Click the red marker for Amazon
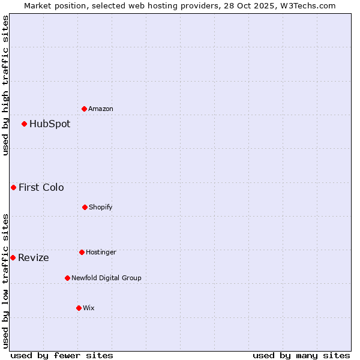[x=84, y=109]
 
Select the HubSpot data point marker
[x=24, y=124]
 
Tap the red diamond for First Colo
[x=13, y=188]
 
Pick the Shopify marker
[x=85, y=207]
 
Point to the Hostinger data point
[x=82, y=252]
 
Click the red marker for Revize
[x=13, y=257]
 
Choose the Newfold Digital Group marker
[x=67, y=278]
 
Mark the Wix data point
[x=79, y=308]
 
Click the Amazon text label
[x=101, y=109]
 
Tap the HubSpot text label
[x=50, y=124]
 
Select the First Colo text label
[x=41, y=188]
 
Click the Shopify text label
[x=101, y=207]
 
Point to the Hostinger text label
[x=101, y=252]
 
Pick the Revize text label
[x=34, y=258]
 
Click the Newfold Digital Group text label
[x=107, y=278]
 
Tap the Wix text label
[x=89, y=308]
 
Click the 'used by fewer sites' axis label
[x=62, y=355]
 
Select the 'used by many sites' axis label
[x=301, y=355]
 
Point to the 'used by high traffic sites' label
[x=5, y=85]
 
